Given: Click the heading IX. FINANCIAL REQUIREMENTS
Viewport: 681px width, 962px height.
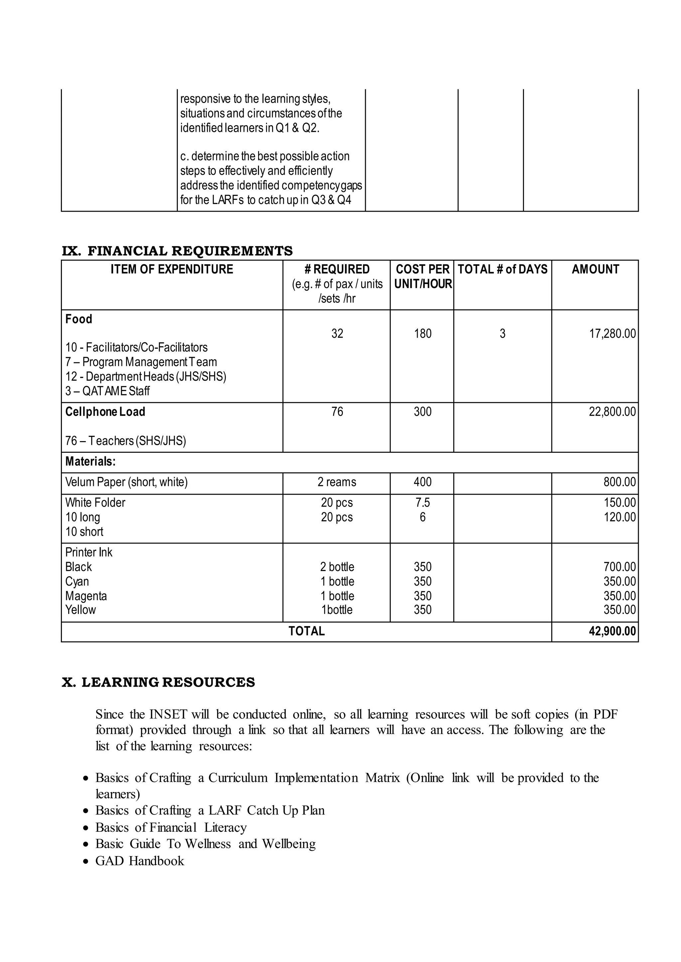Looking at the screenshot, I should (177, 251).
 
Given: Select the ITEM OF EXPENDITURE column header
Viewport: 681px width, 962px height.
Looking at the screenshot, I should (172, 269).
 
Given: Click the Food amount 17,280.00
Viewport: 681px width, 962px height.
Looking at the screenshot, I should (612, 334).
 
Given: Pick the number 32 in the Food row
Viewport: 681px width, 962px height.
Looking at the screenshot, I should (337, 334).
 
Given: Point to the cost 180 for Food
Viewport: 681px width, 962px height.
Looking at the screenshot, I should (422, 334).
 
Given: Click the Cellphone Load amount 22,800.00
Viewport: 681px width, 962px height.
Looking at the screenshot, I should (612, 412).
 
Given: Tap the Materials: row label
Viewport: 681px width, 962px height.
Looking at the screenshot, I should (90, 462).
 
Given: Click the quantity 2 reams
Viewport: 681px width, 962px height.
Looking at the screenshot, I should (337, 482).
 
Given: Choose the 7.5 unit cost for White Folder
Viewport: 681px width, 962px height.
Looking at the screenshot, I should (422, 503).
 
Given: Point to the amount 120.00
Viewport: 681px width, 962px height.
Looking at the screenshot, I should (619, 518).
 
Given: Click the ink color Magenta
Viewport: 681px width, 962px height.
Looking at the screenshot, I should (86, 596).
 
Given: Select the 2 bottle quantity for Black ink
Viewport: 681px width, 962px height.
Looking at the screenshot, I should (337, 567).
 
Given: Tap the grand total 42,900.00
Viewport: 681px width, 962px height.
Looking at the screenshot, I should (612, 631).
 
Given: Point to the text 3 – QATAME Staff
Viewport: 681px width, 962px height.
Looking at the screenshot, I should (107, 391).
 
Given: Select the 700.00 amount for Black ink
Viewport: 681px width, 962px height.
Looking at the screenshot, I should (619, 567).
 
